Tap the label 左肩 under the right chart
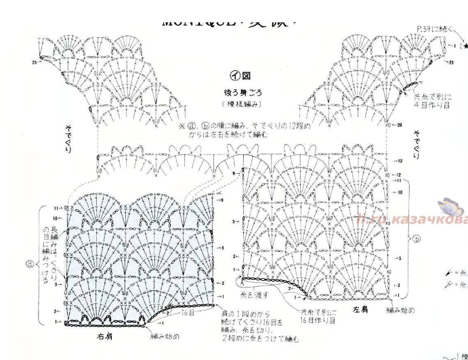point(360,310)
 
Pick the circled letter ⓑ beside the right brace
point(417,237)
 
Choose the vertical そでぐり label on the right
point(418,145)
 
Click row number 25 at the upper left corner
point(34,62)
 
